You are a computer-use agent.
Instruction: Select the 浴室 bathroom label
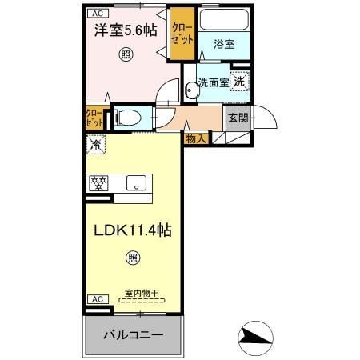click(224, 45)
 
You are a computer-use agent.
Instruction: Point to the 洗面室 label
click(214, 82)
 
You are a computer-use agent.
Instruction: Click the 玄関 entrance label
click(238, 118)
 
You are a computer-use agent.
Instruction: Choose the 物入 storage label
click(196, 138)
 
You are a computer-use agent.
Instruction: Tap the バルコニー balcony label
click(134, 335)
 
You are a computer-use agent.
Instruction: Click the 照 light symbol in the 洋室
click(126, 54)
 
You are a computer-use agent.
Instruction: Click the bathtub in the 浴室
click(224, 22)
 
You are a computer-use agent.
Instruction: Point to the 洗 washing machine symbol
click(240, 81)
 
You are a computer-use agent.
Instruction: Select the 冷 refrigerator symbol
click(95, 146)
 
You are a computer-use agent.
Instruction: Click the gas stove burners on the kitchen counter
click(98, 182)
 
